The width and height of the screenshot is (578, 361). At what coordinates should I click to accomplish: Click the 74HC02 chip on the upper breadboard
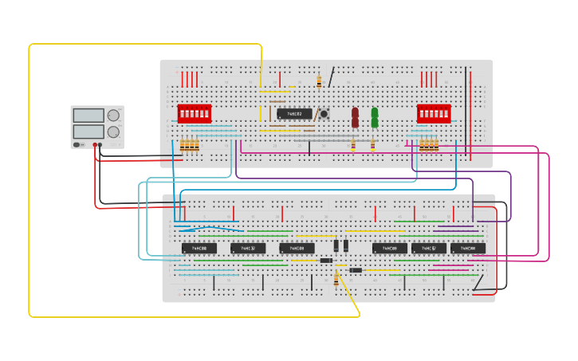pyautogui.click(x=294, y=114)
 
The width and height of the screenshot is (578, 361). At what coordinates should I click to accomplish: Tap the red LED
pyautogui.click(x=356, y=117)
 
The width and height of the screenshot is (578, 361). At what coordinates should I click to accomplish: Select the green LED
pyautogui.click(x=375, y=117)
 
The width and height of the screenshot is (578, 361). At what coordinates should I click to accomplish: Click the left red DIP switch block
pyautogui.click(x=194, y=113)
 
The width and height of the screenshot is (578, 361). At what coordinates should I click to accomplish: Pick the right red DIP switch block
pyautogui.click(x=434, y=113)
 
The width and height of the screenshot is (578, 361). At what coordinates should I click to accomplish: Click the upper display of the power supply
pyautogui.click(x=88, y=116)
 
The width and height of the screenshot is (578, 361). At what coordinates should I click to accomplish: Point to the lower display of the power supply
pyautogui.click(x=88, y=131)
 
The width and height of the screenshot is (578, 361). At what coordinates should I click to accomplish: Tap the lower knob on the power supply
pyautogui.click(x=114, y=132)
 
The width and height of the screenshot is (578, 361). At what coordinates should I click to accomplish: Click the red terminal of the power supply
pyautogui.click(x=95, y=145)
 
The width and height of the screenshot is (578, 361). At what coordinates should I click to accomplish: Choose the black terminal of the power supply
pyautogui.click(x=100, y=145)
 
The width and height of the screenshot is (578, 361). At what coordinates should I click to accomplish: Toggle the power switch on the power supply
pyautogui.click(x=77, y=144)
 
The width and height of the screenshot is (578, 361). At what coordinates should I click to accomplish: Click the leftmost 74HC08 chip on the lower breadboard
pyautogui.click(x=199, y=249)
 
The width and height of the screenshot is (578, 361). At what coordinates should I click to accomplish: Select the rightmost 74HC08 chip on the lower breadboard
pyautogui.click(x=468, y=249)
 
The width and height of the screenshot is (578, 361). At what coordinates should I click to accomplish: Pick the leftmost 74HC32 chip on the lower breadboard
pyautogui.click(x=248, y=249)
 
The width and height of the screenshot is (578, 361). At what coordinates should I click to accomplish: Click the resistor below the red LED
pyautogui.click(x=353, y=145)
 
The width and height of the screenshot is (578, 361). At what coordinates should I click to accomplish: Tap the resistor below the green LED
pyautogui.click(x=373, y=145)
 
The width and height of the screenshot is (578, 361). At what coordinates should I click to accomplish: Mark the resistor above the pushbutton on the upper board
pyautogui.click(x=320, y=81)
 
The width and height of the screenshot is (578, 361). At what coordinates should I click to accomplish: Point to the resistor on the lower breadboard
pyautogui.click(x=336, y=278)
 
